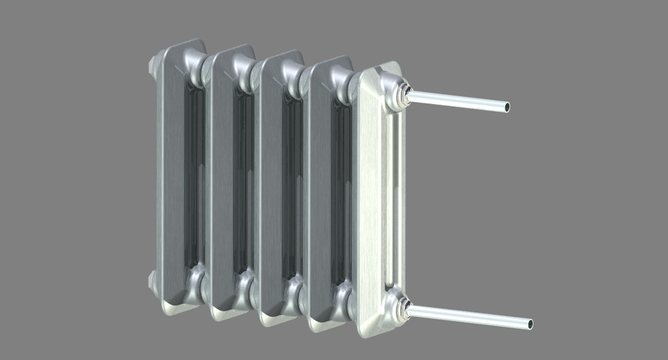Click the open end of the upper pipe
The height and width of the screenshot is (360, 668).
click(x=507, y=107)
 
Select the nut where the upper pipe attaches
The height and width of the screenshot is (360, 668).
click(x=404, y=95)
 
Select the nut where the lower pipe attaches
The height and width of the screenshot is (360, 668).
click(x=404, y=309)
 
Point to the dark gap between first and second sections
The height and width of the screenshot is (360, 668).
click(x=194, y=181)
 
